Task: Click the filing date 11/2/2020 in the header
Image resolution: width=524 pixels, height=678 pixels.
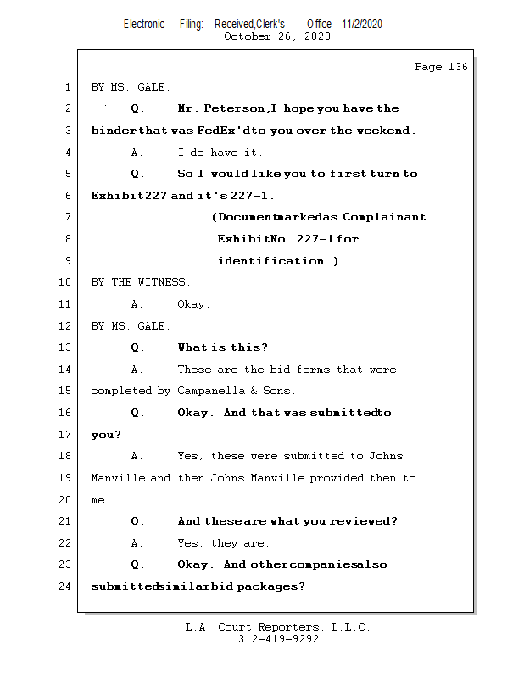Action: point(362,24)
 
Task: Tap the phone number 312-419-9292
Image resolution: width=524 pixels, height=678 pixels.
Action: point(278,639)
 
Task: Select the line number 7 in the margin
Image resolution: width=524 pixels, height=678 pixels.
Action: point(68,216)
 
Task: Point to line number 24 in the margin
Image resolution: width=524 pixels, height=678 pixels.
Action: point(65,586)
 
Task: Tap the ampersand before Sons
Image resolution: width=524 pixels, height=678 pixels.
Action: point(254,391)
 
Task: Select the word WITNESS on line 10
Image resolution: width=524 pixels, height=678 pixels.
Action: point(164,282)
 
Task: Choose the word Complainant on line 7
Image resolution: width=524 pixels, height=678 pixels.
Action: point(384,217)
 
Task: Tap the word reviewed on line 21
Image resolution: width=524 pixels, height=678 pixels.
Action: point(363,521)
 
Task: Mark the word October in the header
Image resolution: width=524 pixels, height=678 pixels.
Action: point(248,36)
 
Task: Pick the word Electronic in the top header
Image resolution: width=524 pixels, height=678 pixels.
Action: point(144,24)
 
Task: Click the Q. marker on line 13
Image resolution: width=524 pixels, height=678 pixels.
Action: point(137,347)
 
